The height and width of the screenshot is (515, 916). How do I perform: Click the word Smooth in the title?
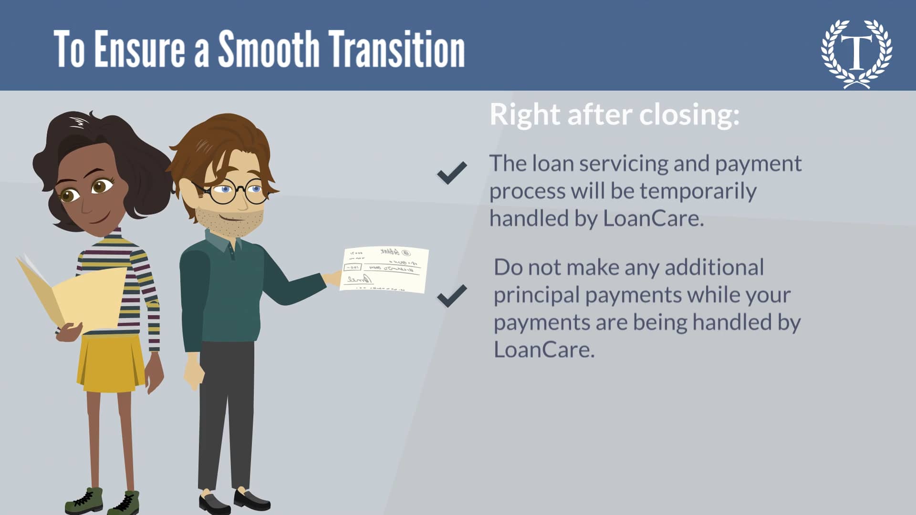pyautogui.click(x=269, y=49)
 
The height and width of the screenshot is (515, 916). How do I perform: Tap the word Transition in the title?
pyautogui.click(x=397, y=49)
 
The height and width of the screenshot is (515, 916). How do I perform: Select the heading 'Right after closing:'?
pyautogui.click(x=614, y=114)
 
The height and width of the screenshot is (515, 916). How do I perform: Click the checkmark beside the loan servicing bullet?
pyautogui.click(x=452, y=173)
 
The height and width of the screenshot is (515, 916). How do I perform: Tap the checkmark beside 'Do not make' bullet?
pyautogui.click(x=452, y=296)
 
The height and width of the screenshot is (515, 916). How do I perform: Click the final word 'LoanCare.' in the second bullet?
pyautogui.click(x=544, y=350)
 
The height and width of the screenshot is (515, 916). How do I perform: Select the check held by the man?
pyautogui.click(x=385, y=269)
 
